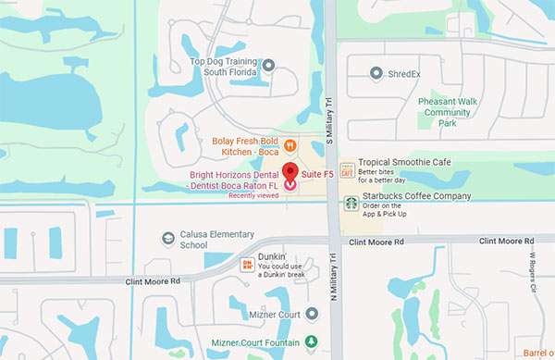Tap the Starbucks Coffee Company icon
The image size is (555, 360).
351,203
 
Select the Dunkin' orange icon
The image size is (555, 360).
247,265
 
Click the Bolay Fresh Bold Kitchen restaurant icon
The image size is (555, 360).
290,144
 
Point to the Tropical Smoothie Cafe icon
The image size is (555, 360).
347,168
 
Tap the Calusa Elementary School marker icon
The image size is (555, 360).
167,239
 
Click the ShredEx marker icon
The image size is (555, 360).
376,72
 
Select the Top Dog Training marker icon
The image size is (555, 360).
268,65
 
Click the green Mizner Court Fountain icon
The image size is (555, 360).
312,341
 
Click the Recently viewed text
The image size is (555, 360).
253,195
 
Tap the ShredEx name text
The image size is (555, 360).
406,72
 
